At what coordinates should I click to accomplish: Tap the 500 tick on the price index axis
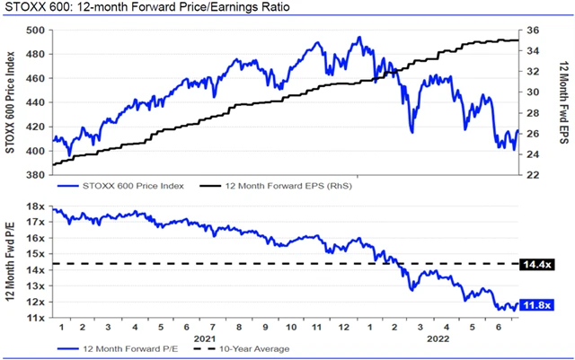click(36, 30)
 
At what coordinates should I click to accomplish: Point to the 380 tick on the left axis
click(36, 175)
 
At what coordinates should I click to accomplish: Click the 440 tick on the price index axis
click(36, 102)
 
